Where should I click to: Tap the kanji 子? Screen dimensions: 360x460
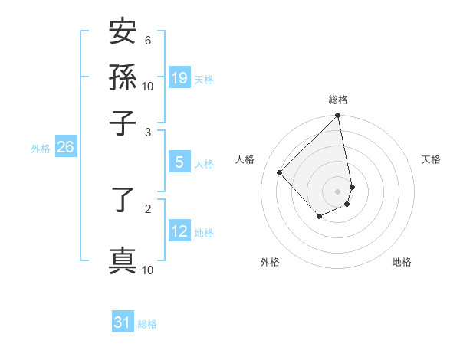[123, 123]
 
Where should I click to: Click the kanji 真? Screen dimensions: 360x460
[123, 260]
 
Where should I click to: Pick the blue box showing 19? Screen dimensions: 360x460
[179, 77]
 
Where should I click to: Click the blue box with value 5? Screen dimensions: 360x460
[179, 162]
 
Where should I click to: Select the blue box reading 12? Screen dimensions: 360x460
[179, 231]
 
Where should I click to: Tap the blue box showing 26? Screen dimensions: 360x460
[65, 148]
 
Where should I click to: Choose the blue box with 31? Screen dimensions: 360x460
[123, 322]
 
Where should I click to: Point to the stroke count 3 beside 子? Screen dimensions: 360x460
[148, 133]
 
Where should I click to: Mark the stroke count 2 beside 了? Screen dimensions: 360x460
[148, 208]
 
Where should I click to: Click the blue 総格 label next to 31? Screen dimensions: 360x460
[147, 324]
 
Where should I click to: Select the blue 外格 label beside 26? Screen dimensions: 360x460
[41, 149]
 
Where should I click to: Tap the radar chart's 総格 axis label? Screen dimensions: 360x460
[338, 100]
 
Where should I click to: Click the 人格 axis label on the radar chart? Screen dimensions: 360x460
[245, 159]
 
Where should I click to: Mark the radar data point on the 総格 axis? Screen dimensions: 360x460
[338, 116]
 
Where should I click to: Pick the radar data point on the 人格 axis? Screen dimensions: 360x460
[280, 172]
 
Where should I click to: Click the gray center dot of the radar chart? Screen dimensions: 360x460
[338, 191]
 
